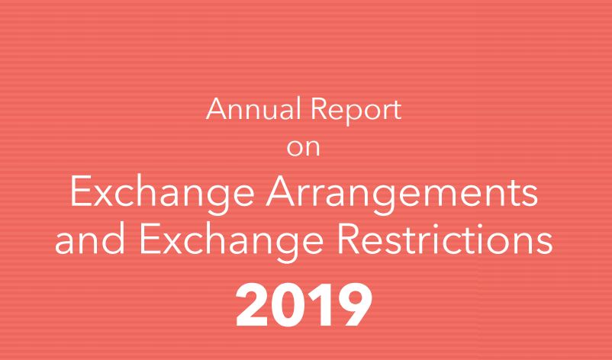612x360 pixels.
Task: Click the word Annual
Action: point(253,109)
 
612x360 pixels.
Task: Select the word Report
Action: point(356,111)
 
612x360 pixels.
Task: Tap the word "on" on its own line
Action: point(303,148)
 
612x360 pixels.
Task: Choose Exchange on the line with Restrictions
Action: point(231,243)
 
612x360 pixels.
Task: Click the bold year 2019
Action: point(304,305)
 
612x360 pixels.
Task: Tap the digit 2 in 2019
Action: point(253,305)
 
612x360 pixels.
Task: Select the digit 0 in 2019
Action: point(288,305)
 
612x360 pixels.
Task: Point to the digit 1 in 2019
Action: point(318,305)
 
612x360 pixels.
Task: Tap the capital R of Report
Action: point(318,109)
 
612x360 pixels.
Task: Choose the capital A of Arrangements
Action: point(282,191)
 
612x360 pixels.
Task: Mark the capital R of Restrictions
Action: point(349,239)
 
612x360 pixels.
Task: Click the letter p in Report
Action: point(355,114)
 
